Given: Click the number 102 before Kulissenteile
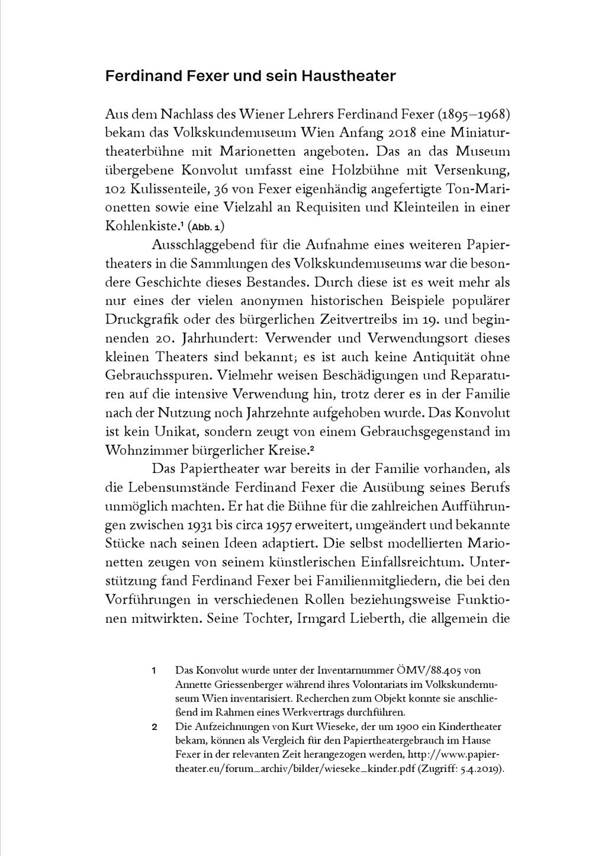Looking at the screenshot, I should click(115, 189).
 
